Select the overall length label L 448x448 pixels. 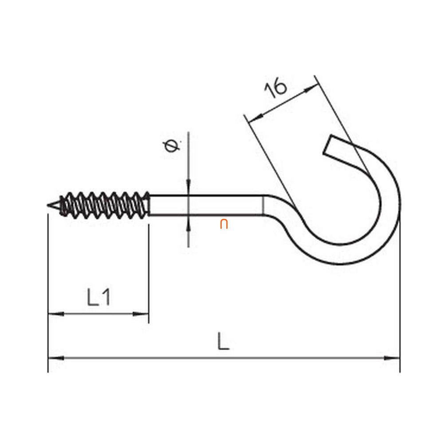pyautogui.click(x=223, y=341)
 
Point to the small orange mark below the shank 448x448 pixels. pyautogui.click(x=224, y=224)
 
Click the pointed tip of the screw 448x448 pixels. pyautogui.click(x=47, y=205)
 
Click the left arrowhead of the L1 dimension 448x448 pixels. pyautogui.click(x=56, y=314)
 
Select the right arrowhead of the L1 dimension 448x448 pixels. pyautogui.click(x=141, y=314)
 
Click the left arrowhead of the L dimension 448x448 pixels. pyautogui.click(x=56, y=358)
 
